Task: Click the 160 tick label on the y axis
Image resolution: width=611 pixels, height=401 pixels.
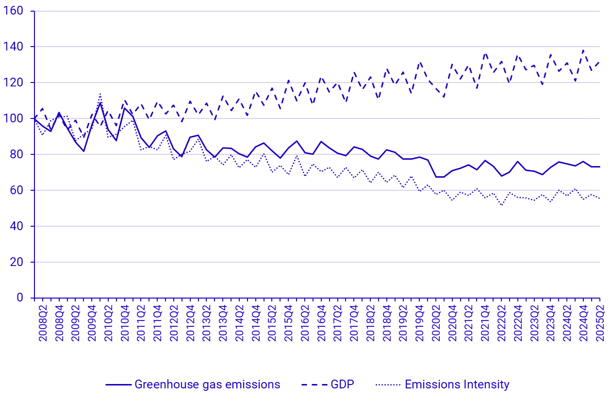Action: click(16, 11)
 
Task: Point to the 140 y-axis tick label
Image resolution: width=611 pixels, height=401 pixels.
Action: click(16, 47)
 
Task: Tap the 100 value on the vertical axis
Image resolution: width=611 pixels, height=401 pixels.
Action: click(16, 118)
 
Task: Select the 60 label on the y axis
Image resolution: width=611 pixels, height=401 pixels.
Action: click(19, 190)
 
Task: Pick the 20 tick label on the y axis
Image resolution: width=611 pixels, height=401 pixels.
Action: click(19, 262)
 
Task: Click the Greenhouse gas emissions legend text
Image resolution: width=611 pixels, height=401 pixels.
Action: click(207, 384)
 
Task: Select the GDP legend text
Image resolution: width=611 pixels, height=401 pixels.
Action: click(342, 384)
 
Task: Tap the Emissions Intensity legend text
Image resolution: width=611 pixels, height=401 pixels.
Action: click(457, 384)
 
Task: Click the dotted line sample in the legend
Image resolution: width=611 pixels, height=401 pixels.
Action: click(388, 384)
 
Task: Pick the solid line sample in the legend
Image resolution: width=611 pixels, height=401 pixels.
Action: click(118, 384)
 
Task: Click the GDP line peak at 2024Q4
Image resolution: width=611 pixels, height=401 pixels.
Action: click(583, 50)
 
